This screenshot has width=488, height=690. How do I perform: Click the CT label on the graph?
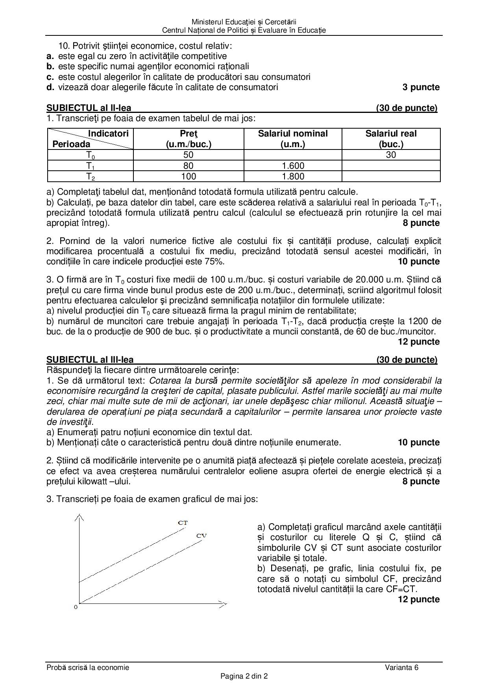tap(183, 523)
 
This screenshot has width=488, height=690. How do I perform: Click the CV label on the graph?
tap(201, 536)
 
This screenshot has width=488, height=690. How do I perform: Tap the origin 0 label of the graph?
tap(76, 607)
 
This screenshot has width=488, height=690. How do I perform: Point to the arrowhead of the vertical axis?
tap(80, 516)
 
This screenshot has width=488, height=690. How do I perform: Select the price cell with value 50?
tap(189, 155)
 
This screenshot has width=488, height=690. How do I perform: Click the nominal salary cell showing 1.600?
tap(293, 166)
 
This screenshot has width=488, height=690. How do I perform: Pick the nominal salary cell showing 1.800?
tap(293, 176)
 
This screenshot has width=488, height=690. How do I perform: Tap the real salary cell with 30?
tap(391, 155)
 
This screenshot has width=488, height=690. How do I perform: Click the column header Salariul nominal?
tap(293, 134)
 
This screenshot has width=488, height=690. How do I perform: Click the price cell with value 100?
tap(189, 176)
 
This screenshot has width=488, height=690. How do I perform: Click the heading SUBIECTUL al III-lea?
tap(90, 360)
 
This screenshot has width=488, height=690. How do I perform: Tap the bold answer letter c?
tap(50, 77)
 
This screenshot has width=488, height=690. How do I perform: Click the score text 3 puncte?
tap(421, 87)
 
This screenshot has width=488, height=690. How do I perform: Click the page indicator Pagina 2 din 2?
tap(244, 677)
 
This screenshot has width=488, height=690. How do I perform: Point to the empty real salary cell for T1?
tap(391, 166)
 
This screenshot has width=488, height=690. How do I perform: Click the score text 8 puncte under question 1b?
tap(421, 223)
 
